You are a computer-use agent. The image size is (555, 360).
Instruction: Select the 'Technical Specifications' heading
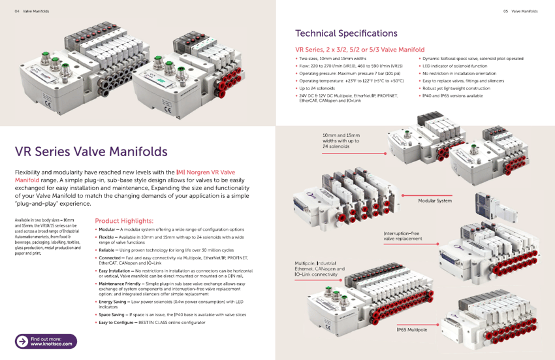point(346,33)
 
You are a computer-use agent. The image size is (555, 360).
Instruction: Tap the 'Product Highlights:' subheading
point(124,221)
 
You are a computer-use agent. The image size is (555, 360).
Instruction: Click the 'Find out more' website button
point(46,340)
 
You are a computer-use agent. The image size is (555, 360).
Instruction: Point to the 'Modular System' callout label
point(434,201)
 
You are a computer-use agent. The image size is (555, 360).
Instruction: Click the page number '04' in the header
point(17,11)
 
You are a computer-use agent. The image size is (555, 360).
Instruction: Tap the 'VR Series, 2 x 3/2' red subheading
point(360,50)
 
